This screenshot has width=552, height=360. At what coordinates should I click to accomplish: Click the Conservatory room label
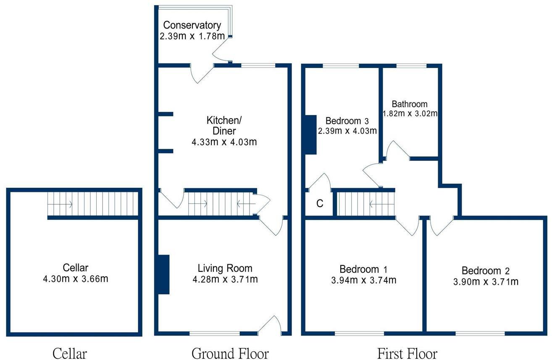tap(192, 25)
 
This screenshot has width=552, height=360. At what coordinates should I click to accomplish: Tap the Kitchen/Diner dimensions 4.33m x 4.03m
tap(224, 142)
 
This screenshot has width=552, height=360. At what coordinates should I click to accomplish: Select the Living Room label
tap(225, 268)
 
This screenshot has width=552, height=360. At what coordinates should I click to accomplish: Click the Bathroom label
tap(410, 104)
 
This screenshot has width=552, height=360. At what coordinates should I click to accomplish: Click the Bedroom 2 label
tap(487, 271)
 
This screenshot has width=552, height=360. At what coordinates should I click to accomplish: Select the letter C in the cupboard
tap(320, 204)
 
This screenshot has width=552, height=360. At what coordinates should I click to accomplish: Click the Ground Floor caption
tap(230, 353)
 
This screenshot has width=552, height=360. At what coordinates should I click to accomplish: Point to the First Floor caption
tap(407, 353)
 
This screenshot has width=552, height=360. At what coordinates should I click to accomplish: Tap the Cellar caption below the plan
tap(70, 353)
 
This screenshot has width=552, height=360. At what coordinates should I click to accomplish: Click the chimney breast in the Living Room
tap(163, 274)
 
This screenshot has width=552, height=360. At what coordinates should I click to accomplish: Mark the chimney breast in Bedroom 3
tap(311, 134)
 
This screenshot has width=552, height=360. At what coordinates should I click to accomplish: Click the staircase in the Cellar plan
tap(92, 204)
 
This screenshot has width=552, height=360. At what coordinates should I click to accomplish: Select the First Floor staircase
tap(366, 204)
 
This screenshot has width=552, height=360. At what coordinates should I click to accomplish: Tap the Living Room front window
tap(214, 334)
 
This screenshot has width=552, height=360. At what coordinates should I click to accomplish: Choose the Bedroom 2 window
tap(480, 334)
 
